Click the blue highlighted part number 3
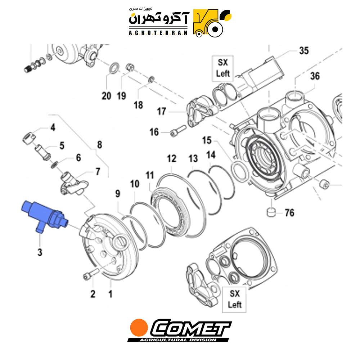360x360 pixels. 44,215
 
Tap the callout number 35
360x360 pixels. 304,51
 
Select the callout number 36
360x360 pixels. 315,76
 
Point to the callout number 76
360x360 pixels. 289,213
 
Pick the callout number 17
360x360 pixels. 161,111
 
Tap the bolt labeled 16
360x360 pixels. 178,130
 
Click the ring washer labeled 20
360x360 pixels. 114,68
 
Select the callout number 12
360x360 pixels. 171,159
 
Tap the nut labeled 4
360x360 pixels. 29,138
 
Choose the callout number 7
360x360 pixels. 98,171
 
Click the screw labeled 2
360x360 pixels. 91,274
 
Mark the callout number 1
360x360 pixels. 111,294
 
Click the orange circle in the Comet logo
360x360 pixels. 139,327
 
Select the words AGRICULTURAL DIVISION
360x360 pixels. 178,340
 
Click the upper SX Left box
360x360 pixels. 223,68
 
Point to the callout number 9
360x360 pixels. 118,194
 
